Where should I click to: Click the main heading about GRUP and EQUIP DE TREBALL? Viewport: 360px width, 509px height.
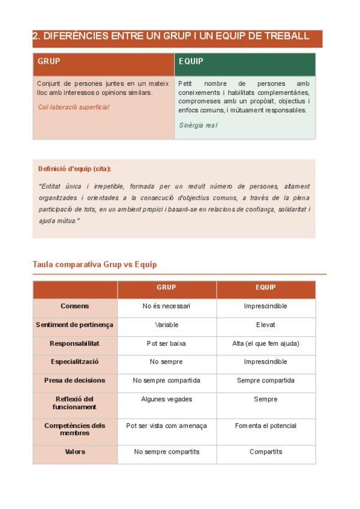171,36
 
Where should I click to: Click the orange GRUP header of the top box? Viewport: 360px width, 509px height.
49,61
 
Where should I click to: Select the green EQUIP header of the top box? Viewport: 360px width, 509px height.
191,61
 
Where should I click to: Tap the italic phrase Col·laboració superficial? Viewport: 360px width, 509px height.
73,107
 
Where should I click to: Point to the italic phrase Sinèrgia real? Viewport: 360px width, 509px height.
198,125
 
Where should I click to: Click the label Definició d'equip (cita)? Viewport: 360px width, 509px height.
74,169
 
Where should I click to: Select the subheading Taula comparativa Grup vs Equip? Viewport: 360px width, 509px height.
94,265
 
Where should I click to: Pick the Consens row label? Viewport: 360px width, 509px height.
75,306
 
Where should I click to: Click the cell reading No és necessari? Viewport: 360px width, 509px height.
166,306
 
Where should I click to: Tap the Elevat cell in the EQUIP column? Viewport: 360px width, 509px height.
265,325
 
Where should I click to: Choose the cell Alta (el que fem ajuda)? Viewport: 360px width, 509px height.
265,343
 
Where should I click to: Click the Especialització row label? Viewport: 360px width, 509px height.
75,362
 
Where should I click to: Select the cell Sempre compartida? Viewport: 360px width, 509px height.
265,381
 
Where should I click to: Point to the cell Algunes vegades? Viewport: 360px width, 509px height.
166,399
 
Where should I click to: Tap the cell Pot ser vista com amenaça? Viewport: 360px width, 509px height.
166,426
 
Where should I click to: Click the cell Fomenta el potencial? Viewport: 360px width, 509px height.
265,426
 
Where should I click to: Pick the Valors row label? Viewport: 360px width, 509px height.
75,452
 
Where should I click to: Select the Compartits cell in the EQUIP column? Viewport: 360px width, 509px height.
265,452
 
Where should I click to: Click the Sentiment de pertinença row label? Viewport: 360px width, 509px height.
74,325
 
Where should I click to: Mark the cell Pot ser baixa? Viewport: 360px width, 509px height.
166,343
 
